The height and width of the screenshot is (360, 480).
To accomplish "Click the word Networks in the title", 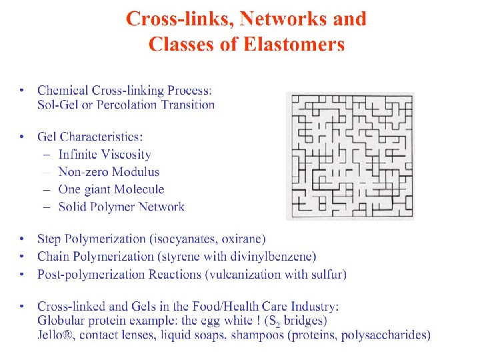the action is click(x=273, y=19).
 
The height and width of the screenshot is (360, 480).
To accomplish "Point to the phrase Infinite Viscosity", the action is click(x=105, y=155).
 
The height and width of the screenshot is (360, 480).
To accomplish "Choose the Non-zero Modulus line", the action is click(x=109, y=172).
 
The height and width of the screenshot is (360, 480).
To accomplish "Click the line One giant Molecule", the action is click(x=111, y=189).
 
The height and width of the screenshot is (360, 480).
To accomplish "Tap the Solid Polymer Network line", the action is click(x=121, y=207).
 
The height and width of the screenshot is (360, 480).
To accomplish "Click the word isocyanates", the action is click(x=186, y=239).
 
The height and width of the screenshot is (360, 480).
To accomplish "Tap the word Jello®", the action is click(x=56, y=335).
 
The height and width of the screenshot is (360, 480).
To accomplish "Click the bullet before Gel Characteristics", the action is click(x=23, y=137).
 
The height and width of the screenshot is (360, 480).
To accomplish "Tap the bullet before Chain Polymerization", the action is click(x=23, y=256).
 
